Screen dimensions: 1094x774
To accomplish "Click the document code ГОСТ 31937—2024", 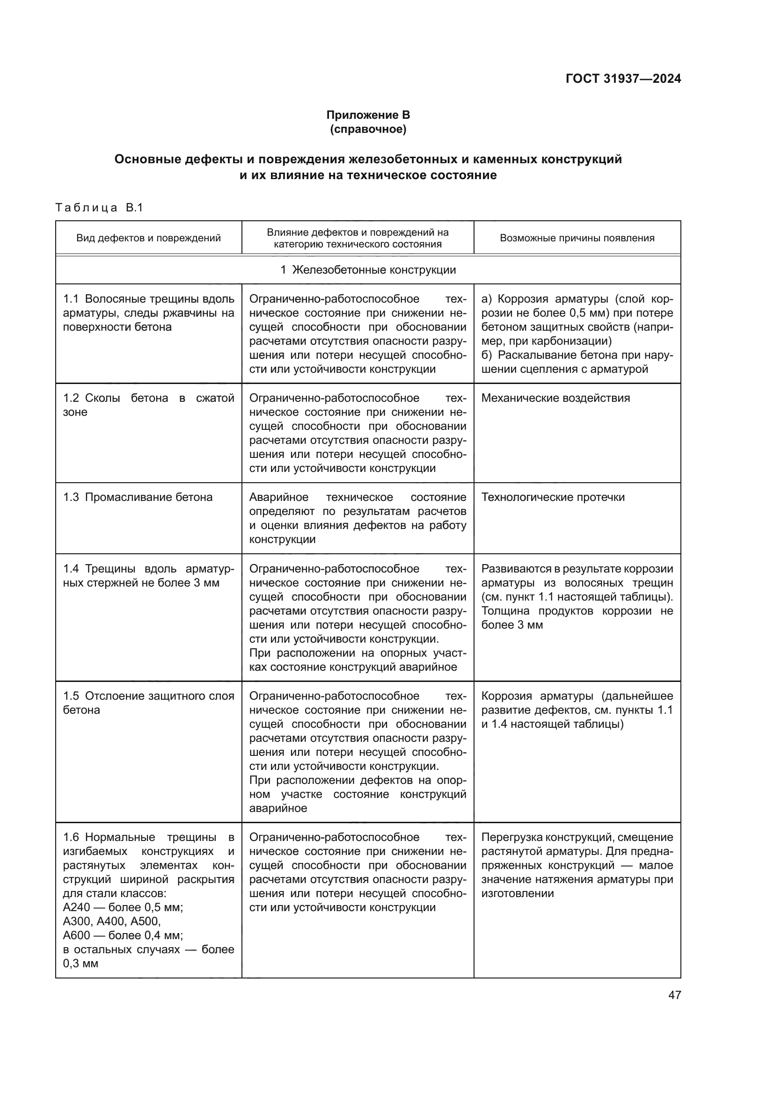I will click(623, 79).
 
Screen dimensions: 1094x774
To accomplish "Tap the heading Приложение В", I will click(367, 115).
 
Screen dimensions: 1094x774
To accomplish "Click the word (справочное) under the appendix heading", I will click(367, 129).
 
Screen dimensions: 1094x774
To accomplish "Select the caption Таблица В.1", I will click(99, 208).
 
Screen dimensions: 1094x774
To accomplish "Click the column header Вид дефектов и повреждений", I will click(148, 238).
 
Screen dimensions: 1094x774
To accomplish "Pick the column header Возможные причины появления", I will click(577, 238).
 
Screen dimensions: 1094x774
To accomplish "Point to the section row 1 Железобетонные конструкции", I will click(367, 270).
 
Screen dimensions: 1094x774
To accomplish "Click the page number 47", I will click(674, 995).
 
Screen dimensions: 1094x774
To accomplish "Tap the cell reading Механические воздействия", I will click(555, 398).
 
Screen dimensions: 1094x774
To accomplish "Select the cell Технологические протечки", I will click(552, 497).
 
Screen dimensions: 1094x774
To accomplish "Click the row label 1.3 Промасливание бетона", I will click(138, 497).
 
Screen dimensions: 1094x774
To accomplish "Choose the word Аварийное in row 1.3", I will click(279, 497).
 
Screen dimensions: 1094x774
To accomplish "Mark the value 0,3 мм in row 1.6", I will click(80, 964).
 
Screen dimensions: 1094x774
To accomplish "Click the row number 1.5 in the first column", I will click(71, 696).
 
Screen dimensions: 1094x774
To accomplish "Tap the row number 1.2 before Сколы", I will click(71, 398).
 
